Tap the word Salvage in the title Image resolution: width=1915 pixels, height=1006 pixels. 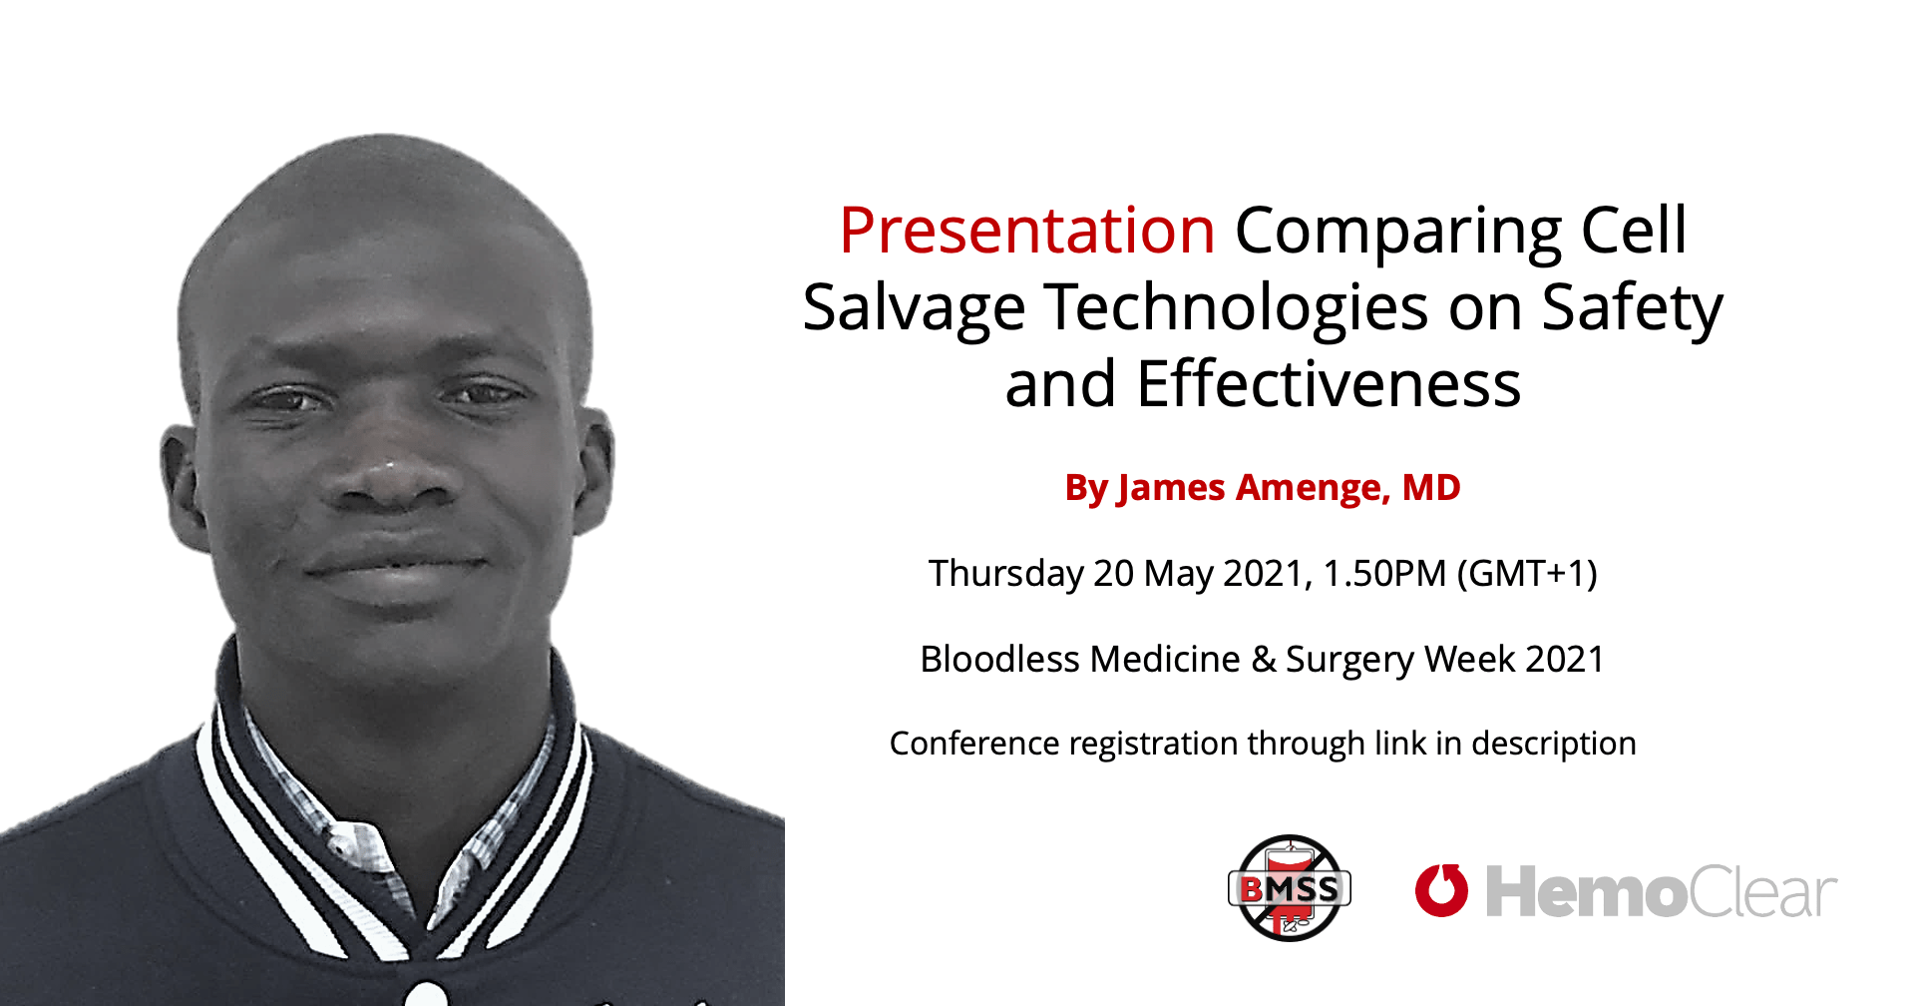[914, 308]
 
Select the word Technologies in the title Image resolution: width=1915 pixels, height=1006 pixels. [1237, 308]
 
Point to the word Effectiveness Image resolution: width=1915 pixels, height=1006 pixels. [1329, 384]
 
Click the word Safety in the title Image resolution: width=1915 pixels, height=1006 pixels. [1632, 308]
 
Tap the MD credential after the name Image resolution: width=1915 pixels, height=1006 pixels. [1431, 487]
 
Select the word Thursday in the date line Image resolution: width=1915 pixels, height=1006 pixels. [1005, 575]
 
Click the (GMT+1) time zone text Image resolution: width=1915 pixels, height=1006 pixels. [1527, 575]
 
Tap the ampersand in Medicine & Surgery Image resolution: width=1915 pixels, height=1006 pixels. [1264, 660]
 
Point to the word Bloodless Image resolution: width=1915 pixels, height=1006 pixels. [999, 660]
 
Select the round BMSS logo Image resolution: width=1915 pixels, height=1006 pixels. [1290, 888]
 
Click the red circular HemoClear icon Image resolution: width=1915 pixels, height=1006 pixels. [1441, 890]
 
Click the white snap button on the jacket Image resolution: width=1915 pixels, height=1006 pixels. [427, 994]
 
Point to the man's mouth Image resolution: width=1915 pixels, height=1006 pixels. [395, 567]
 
